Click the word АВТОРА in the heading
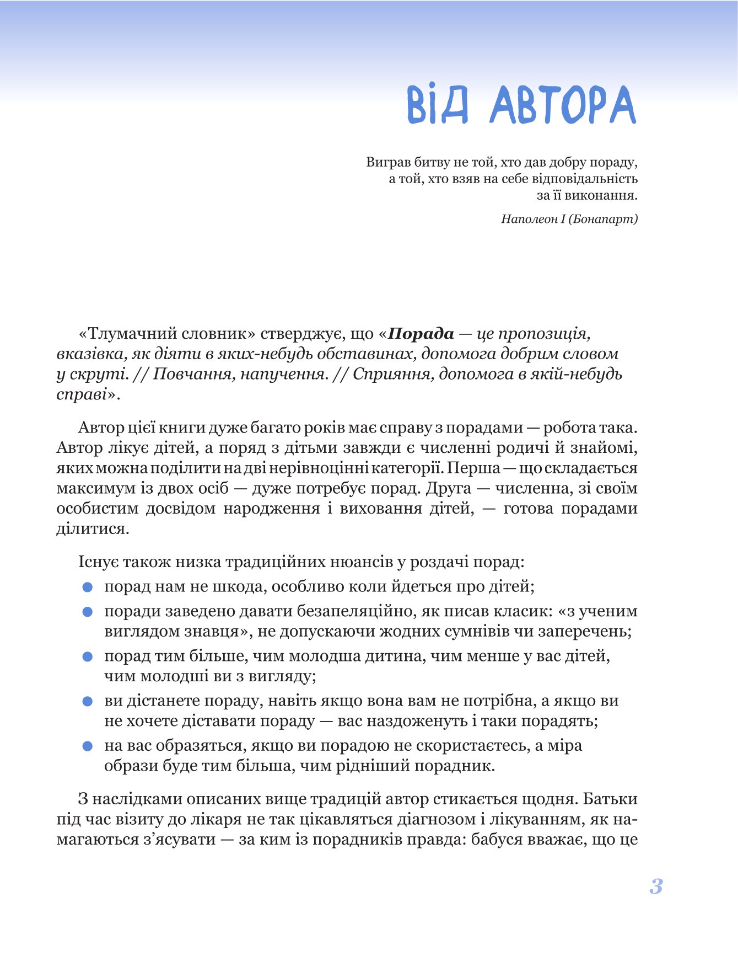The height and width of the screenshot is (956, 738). point(562,105)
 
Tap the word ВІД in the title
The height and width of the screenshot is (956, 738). point(438,105)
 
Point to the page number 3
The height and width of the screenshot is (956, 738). point(656,886)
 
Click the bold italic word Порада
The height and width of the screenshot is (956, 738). point(421,334)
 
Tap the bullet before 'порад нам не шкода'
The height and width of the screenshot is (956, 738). point(87,588)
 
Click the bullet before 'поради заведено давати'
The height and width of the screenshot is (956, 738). point(87,612)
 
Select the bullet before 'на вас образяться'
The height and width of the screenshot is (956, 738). point(87,746)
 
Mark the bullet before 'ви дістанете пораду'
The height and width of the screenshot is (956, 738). point(87,702)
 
